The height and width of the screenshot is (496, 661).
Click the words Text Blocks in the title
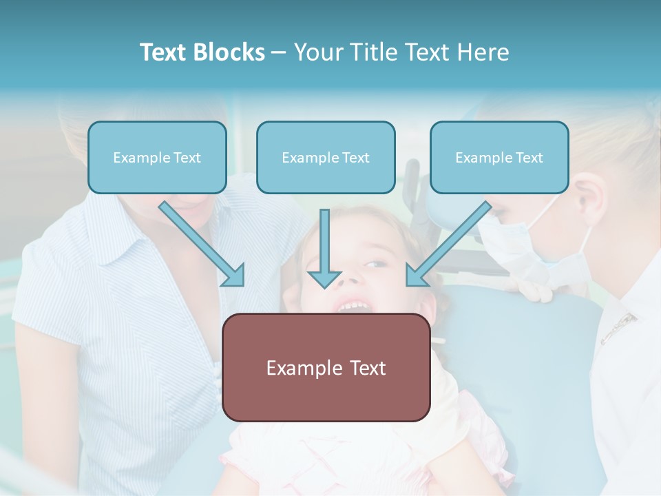(202, 52)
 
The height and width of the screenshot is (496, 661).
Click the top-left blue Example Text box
(157, 158)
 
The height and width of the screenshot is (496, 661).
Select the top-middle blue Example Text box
(326, 158)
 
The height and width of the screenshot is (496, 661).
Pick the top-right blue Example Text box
(499, 158)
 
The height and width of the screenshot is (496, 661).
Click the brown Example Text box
(326, 367)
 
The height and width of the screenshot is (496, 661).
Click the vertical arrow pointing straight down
(324, 245)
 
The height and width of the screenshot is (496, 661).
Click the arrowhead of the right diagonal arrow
(415, 276)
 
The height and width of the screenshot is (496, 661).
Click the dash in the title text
(279, 52)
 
